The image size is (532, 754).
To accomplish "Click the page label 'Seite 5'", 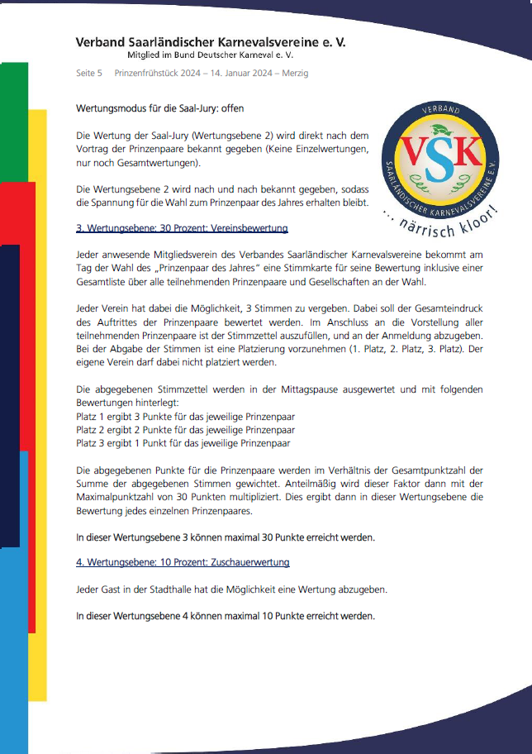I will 89,74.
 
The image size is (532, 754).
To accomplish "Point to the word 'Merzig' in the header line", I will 294,74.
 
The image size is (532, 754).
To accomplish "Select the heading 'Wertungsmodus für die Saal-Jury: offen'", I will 159,108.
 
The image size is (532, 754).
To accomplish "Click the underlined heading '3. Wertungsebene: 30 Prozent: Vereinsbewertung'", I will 182,227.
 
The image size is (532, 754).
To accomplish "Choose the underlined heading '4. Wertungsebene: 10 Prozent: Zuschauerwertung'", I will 183,563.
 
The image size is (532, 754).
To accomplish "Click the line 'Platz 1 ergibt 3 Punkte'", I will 186,417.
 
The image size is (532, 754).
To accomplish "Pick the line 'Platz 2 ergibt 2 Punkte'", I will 186,430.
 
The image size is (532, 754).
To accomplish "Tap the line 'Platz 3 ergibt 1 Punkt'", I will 183,443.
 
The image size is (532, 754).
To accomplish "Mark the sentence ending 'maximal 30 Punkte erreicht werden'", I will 226,537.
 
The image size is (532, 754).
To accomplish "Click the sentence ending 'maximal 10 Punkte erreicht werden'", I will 226,616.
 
